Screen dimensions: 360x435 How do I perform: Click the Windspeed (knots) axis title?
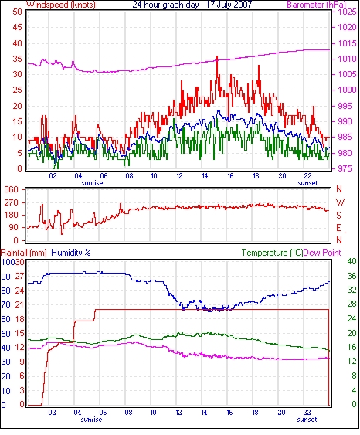(61, 5)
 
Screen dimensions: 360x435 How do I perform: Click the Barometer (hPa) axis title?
(317, 5)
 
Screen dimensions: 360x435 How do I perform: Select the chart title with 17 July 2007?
(192, 5)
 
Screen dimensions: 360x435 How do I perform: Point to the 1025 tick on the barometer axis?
(347, 12)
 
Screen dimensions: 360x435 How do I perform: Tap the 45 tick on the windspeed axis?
(17, 27)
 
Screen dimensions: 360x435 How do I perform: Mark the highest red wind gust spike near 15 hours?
(217, 56)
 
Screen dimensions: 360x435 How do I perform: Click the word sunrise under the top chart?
(92, 183)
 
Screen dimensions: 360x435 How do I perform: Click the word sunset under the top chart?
(307, 183)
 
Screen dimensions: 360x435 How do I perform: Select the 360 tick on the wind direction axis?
(11, 190)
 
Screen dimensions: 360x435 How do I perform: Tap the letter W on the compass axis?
(340, 202)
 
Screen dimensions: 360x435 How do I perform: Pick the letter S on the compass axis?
(338, 215)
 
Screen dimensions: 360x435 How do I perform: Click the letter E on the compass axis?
(338, 228)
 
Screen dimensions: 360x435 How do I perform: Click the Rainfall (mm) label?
(24, 253)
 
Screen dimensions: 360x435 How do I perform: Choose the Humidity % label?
(71, 253)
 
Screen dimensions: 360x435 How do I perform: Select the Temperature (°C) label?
(272, 253)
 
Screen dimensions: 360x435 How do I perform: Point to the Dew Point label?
(322, 253)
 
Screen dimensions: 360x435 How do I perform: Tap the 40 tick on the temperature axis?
(352, 261)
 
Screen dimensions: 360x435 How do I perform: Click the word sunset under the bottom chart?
(307, 420)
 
